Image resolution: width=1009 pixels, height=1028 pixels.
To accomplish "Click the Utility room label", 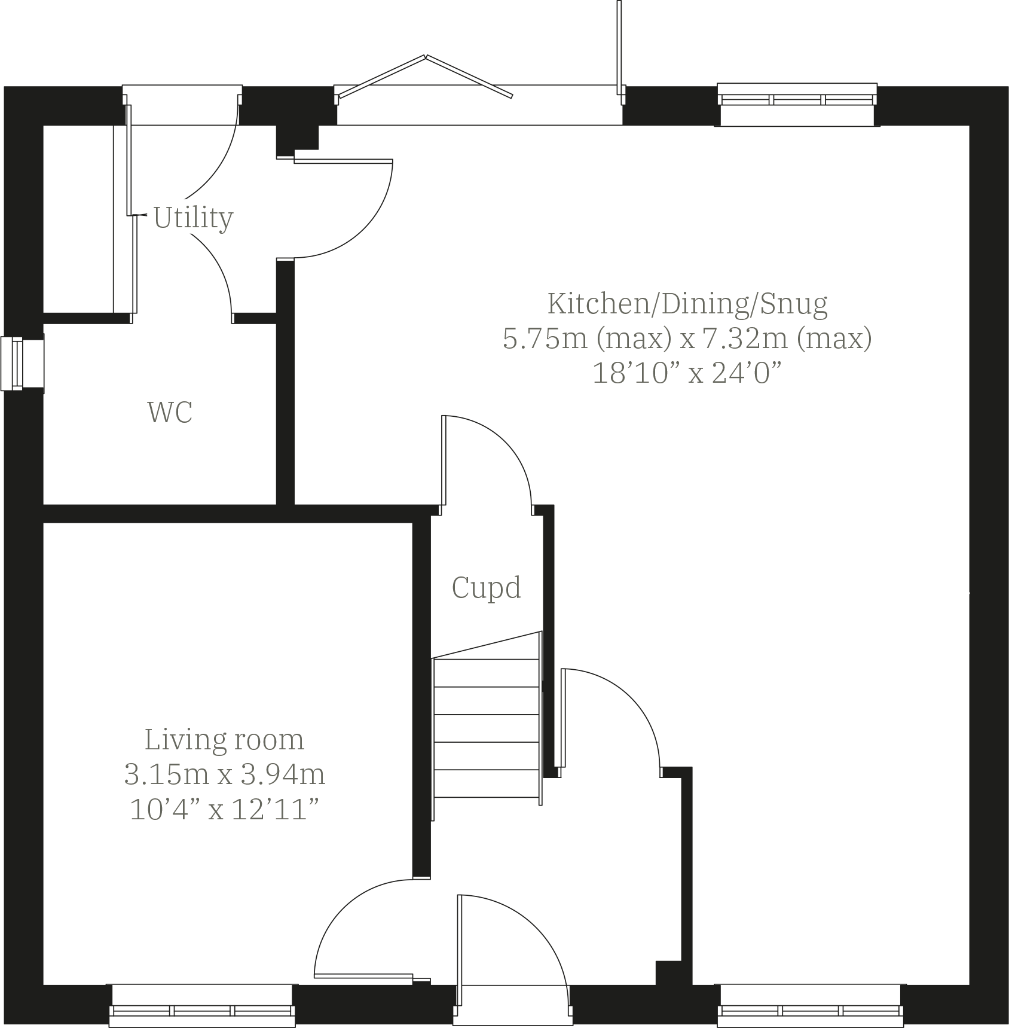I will coord(193,218).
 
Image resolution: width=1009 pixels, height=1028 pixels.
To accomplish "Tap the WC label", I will coord(170,413).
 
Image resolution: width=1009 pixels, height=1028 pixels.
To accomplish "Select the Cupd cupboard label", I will coord(486,587).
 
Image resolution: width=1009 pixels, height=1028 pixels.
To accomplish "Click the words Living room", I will coord(224,740).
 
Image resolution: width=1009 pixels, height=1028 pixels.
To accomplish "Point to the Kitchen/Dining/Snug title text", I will coord(687,303).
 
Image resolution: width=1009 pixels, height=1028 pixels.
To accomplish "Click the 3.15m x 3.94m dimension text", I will coord(224,775).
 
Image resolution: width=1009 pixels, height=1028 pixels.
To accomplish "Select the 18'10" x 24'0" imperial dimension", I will coord(687,374).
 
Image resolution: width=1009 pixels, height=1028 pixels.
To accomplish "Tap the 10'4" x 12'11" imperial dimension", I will coord(224,810).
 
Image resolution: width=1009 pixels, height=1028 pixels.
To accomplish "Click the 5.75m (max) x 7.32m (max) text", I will coord(687,338).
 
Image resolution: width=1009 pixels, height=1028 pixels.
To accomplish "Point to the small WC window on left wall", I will coord(13,364).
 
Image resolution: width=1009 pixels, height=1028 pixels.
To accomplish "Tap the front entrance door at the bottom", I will coord(512,957).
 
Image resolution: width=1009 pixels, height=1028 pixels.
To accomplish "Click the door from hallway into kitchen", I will coord(616,718).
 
